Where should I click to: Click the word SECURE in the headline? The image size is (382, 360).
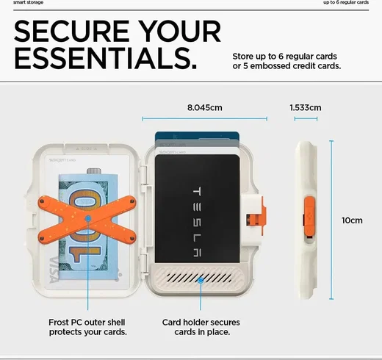(x=72, y=31)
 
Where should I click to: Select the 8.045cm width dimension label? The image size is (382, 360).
(x=205, y=107)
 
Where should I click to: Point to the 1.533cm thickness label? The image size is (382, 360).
(x=306, y=107)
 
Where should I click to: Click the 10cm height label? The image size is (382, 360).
(x=352, y=220)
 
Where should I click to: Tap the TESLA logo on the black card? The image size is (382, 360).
(x=197, y=222)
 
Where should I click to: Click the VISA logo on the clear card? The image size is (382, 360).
(x=54, y=270)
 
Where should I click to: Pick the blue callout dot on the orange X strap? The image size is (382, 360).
(x=88, y=218)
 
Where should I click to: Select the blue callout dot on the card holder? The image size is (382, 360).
(x=201, y=280)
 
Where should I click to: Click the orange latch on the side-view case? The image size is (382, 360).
(x=309, y=217)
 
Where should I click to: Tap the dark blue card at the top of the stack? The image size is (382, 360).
(x=197, y=135)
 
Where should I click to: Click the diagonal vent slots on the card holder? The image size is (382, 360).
(x=199, y=278)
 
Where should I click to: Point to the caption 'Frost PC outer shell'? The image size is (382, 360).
(x=87, y=323)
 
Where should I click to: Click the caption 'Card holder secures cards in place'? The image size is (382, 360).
(x=201, y=327)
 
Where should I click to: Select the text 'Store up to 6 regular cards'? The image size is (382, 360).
(x=284, y=57)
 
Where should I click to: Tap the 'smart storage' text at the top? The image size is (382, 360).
(x=28, y=2)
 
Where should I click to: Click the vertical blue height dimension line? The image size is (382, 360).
(x=331, y=220)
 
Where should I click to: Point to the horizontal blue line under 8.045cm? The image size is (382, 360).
(x=204, y=119)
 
